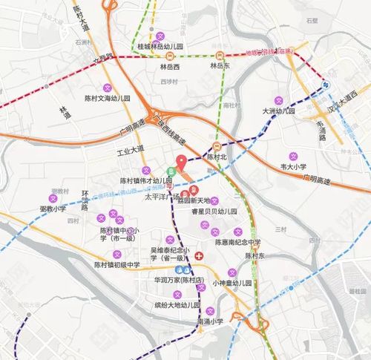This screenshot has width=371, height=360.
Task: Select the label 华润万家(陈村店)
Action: [179, 281]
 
